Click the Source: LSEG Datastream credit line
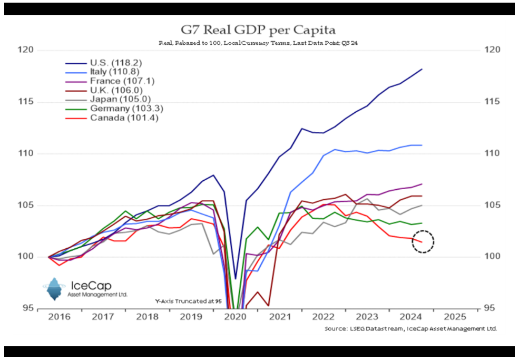411,328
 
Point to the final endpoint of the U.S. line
422,69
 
